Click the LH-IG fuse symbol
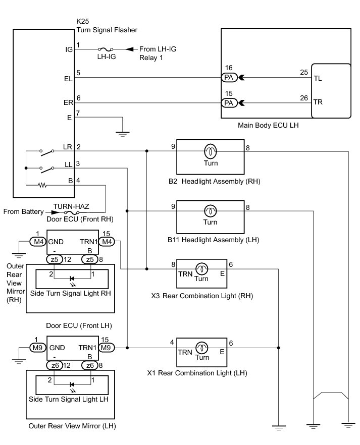pos(106,49)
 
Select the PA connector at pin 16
pos(229,77)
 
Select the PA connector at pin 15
pos(229,103)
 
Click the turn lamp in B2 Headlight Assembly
pos(211,151)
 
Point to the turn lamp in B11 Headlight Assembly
pos(211,211)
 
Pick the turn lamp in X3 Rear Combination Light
pos(201,269)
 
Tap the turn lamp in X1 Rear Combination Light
pos(201,347)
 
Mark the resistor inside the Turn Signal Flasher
pos(42,185)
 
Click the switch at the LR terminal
pos(47,152)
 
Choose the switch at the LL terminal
pos(47,170)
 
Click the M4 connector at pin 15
pos(107,242)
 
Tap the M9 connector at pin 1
pos(38,348)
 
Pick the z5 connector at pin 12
pos(55,259)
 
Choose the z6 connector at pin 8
pos(90,365)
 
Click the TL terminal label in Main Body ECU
pos(318,78)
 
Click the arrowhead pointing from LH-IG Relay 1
pos(129,49)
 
